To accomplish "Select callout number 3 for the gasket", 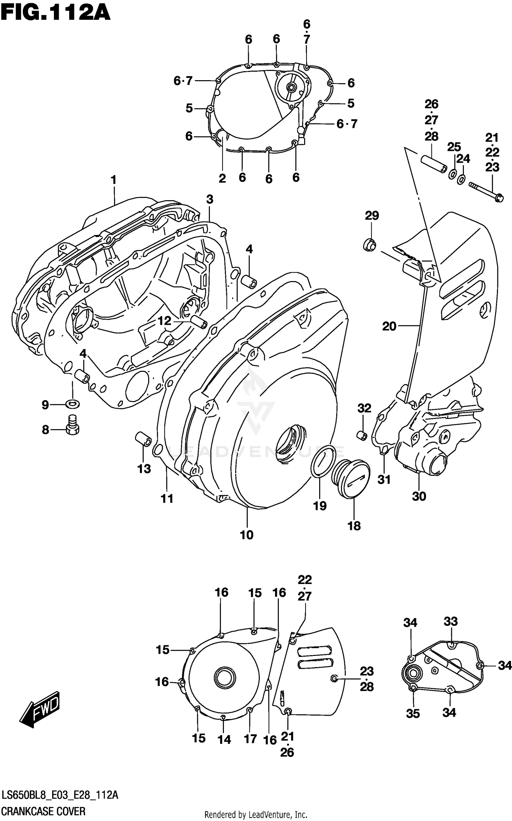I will coord(210,199).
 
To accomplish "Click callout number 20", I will coord(389,326).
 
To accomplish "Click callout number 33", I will coord(450,621).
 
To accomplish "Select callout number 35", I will coord(413,714).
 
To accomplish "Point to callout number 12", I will coord(164,321).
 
